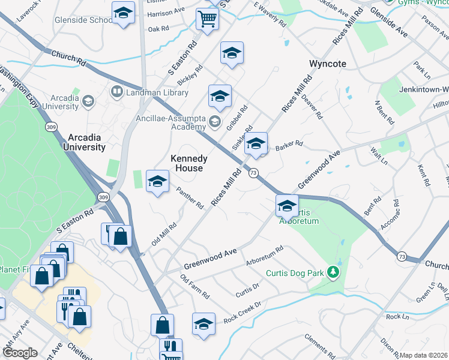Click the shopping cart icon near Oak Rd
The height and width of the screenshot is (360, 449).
click(207, 19)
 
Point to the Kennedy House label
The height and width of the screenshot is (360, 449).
click(189, 163)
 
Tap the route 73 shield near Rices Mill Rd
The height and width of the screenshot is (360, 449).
click(254, 173)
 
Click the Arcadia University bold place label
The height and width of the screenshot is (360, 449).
click(79, 142)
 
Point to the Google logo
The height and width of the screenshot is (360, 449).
click(20, 353)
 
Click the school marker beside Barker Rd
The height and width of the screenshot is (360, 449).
click(256, 145)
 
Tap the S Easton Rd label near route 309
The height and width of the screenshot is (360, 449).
click(76, 220)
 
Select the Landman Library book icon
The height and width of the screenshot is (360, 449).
click(116, 92)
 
